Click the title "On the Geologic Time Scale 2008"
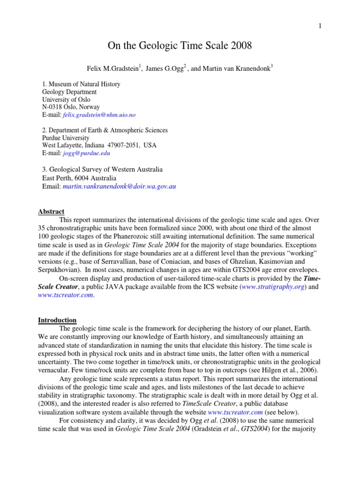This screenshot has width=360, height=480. [x=180, y=46]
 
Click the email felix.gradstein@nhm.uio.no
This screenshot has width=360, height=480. [x=97, y=114]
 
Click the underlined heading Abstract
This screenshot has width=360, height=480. [x=51, y=212]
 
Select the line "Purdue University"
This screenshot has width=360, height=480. [x=66, y=138]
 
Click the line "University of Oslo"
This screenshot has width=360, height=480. [x=67, y=99]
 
